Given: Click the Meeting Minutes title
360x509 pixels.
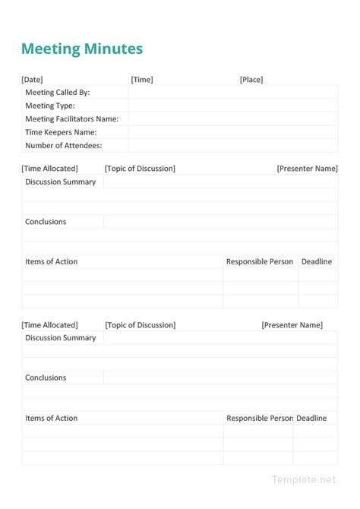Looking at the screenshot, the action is coord(82,49).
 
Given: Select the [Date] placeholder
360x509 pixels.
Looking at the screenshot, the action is coord(33,79).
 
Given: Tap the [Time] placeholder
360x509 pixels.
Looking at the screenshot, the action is coord(142,79).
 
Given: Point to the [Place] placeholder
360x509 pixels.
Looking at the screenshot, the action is coord(251,79).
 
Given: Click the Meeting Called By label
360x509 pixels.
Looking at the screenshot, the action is coord(58,93).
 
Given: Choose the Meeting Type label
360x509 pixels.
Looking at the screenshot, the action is coord(50,106).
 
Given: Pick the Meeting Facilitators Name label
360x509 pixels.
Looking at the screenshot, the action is coord(72,119).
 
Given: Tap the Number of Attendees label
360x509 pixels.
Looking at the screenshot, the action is coord(64,145).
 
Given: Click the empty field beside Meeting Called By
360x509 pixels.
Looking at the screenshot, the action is coord(232,93).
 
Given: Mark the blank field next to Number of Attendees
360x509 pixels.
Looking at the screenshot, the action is coord(232,145).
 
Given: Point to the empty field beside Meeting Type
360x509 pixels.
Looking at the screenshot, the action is coord(232,106).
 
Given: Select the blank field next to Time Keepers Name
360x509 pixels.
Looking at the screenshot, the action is coord(232,132).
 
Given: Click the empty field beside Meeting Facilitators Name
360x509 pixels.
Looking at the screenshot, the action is coord(232,119).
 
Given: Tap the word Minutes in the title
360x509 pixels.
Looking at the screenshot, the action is coord(113,49).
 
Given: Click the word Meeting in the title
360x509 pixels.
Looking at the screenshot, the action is coord(51,49).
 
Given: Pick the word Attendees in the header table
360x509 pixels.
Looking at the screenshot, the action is coord(84,145).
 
